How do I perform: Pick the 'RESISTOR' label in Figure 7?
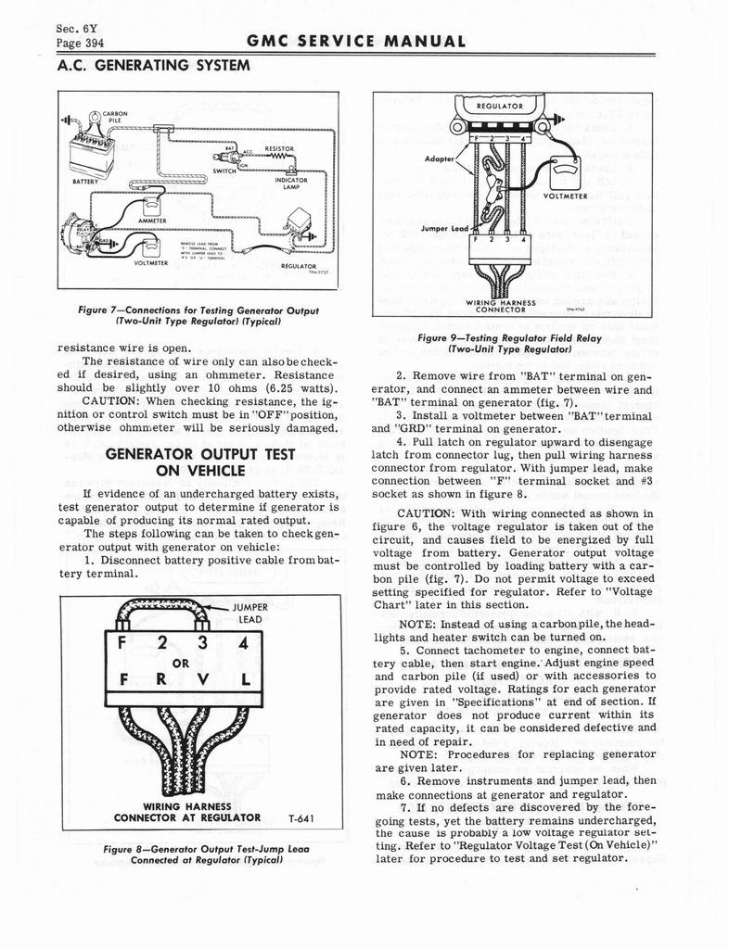pos(279,148)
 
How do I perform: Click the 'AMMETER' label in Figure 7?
pos(150,220)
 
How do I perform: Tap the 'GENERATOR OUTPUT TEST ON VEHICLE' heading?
pos(201,462)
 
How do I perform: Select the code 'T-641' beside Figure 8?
pos(300,818)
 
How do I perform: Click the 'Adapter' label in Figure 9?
pos(440,158)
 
